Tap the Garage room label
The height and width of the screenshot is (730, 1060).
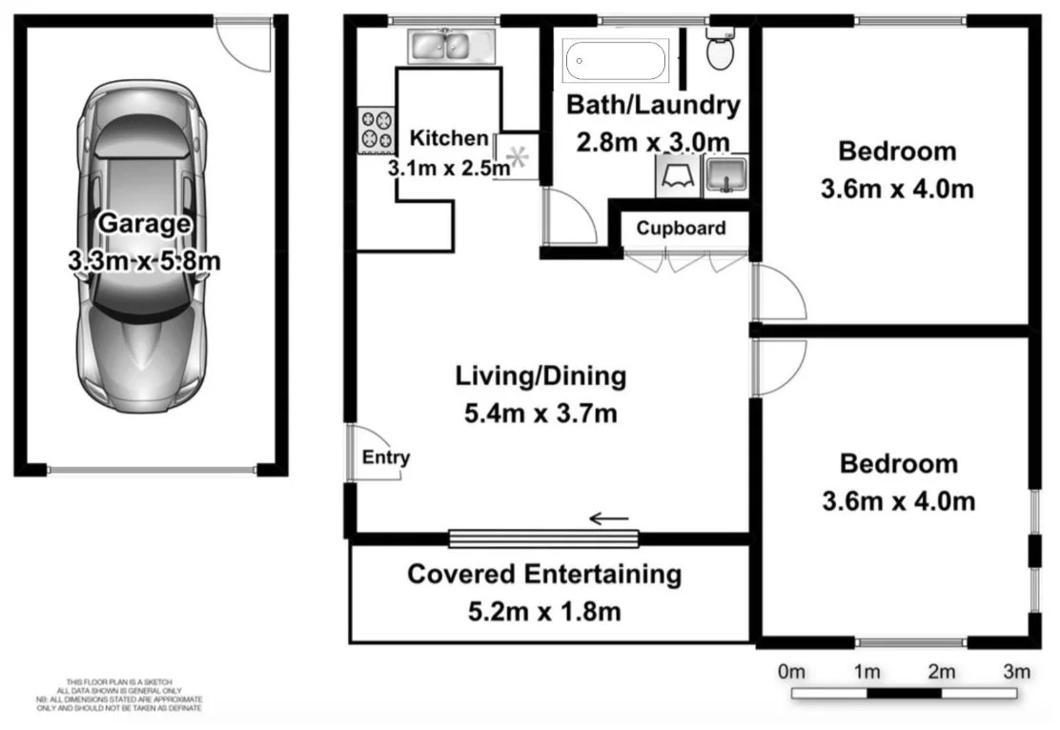144,224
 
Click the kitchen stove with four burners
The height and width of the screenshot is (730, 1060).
376,132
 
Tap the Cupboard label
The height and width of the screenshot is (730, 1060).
681,228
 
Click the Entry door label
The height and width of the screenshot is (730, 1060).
385,457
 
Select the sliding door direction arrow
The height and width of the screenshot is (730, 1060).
609,519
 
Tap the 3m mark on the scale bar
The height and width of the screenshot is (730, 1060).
1016,672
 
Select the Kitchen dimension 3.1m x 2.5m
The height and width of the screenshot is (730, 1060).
448,168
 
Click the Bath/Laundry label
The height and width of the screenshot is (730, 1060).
653,105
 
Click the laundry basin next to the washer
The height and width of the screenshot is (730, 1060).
725,176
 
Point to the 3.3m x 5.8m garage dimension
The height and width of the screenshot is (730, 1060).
144,260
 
